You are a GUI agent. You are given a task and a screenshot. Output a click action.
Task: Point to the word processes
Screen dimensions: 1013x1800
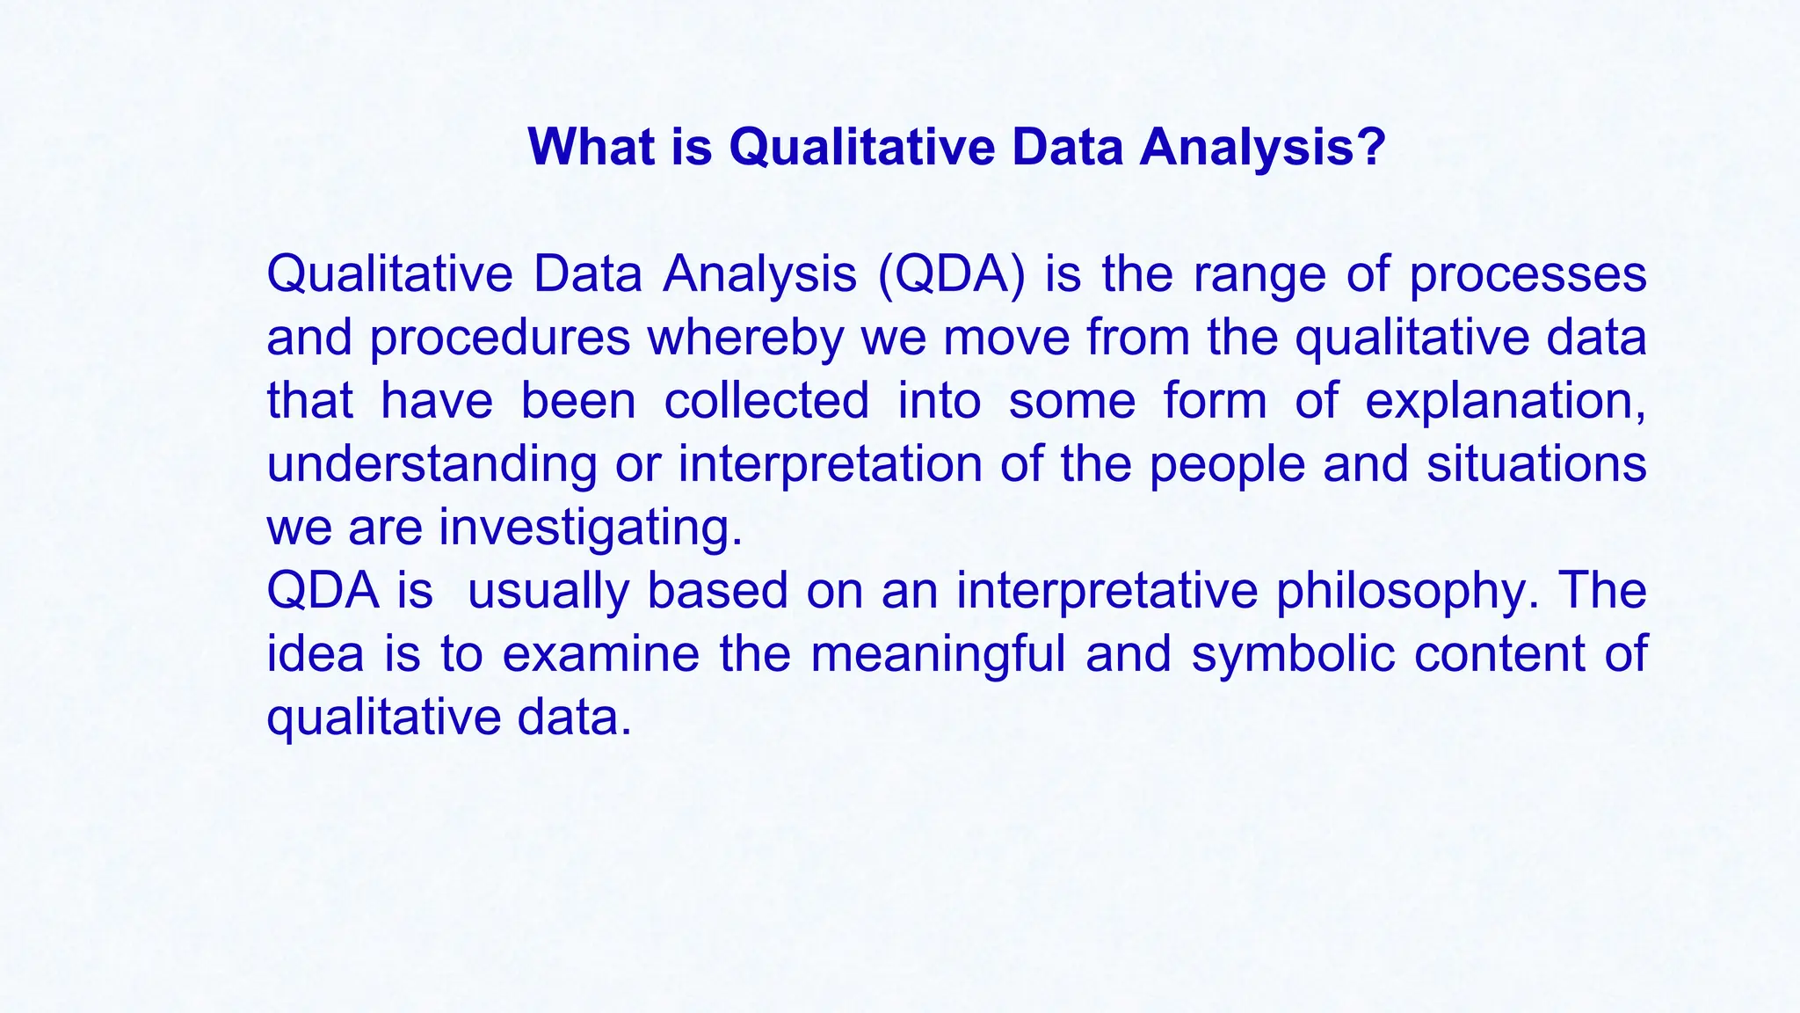tap(1528, 275)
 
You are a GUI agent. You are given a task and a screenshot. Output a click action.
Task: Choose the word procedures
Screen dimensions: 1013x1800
tap(499, 339)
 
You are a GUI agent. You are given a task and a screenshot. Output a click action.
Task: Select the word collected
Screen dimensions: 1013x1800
tap(766, 401)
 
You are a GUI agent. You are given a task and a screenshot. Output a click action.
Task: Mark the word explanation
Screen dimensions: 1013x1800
tap(1505, 401)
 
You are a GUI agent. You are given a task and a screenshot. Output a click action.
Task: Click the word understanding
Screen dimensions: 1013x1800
tap(432, 465)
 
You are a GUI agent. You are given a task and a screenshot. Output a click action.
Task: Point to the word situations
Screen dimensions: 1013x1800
tap(1535, 463)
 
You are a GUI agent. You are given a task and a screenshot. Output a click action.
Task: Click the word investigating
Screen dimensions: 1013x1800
tap(591, 528)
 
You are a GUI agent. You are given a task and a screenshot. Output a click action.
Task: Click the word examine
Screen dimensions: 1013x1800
tap(600, 654)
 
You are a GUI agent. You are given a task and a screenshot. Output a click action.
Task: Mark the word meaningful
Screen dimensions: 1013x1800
tap(938, 654)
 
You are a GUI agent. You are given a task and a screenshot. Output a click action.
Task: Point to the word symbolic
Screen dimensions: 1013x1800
tap(1293, 654)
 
